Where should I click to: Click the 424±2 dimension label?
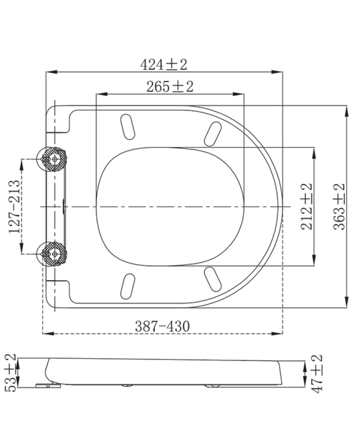coord(164,64)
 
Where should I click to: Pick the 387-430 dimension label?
coord(164,326)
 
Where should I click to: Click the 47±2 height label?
coord(316,373)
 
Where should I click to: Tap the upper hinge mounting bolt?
coord(54,159)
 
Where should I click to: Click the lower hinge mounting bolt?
coord(54,254)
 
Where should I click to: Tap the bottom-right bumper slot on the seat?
coord(213,277)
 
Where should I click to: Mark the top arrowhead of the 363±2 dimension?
coord(348,108)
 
